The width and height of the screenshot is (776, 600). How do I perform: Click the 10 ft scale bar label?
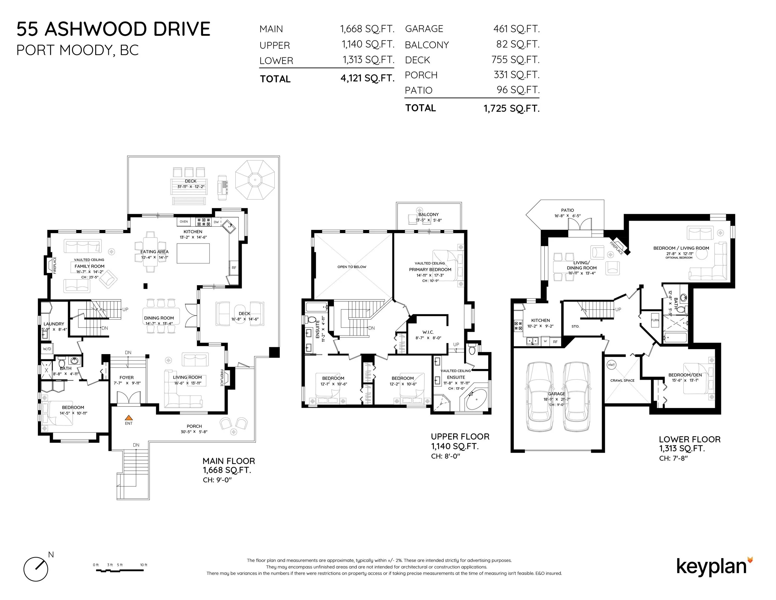click(x=143, y=565)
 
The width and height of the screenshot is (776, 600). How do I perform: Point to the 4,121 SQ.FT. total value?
click(x=367, y=78)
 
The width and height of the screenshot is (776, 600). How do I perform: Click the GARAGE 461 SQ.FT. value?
click(x=516, y=29)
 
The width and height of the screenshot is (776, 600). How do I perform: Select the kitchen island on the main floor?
click(x=193, y=253)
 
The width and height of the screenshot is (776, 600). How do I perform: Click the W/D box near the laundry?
click(x=47, y=349)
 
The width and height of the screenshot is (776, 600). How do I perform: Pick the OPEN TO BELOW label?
click(x=352, y=267)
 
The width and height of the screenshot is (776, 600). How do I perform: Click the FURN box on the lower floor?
click(x=655, y=320)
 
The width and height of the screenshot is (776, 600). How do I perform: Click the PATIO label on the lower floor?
click(x=567, y=210)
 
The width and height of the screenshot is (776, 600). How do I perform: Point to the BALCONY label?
click(x=428, y=214)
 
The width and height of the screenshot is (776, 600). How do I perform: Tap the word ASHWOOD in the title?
click(x=91, y=29)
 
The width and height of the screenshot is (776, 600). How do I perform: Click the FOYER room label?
click(x=127, y=378)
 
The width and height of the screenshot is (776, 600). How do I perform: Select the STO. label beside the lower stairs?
click(x=575, y=326)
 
